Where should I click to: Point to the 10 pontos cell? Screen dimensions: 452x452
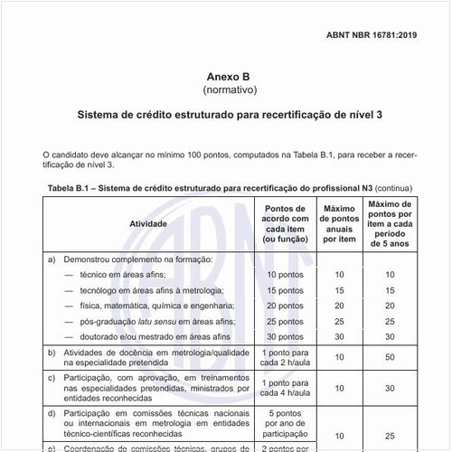pyautogui.click(x=285, y=274)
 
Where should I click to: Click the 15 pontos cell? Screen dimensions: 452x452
pyautogui.click(x=285, y=290)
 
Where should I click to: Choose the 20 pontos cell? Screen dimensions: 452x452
pyautogui.click(x=285, y=306)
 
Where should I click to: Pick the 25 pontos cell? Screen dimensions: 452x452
pyautogui.click(x=285, y=321)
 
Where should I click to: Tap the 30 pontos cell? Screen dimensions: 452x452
pyautogui.click(x=285, y=336)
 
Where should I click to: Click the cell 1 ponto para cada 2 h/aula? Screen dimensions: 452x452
pyautogui.click(x=285, y=358)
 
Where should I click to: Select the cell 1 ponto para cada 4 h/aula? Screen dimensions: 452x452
pyautogui.click(x=285, y=389)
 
